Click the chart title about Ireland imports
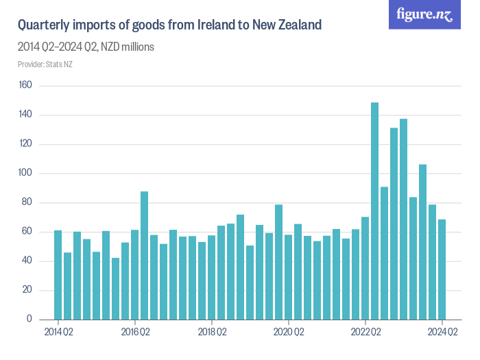pos(169,25)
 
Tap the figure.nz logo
pos(425,14)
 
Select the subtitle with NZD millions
pos(86,47)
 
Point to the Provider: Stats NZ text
pos(45,64)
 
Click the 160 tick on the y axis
pos(25,86)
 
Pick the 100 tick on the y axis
pos(25,173)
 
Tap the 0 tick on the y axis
pos(29,320)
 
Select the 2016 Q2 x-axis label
pos(135,333)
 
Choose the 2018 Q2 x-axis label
pos(212,333)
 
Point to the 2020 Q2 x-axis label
pos(289,333)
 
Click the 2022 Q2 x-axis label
pos(365,333)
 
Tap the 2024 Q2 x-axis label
pos(442,333)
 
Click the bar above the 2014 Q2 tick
pos(58,275)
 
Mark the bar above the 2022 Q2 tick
pos(365,268)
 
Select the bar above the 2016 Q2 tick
pos(135,275)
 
